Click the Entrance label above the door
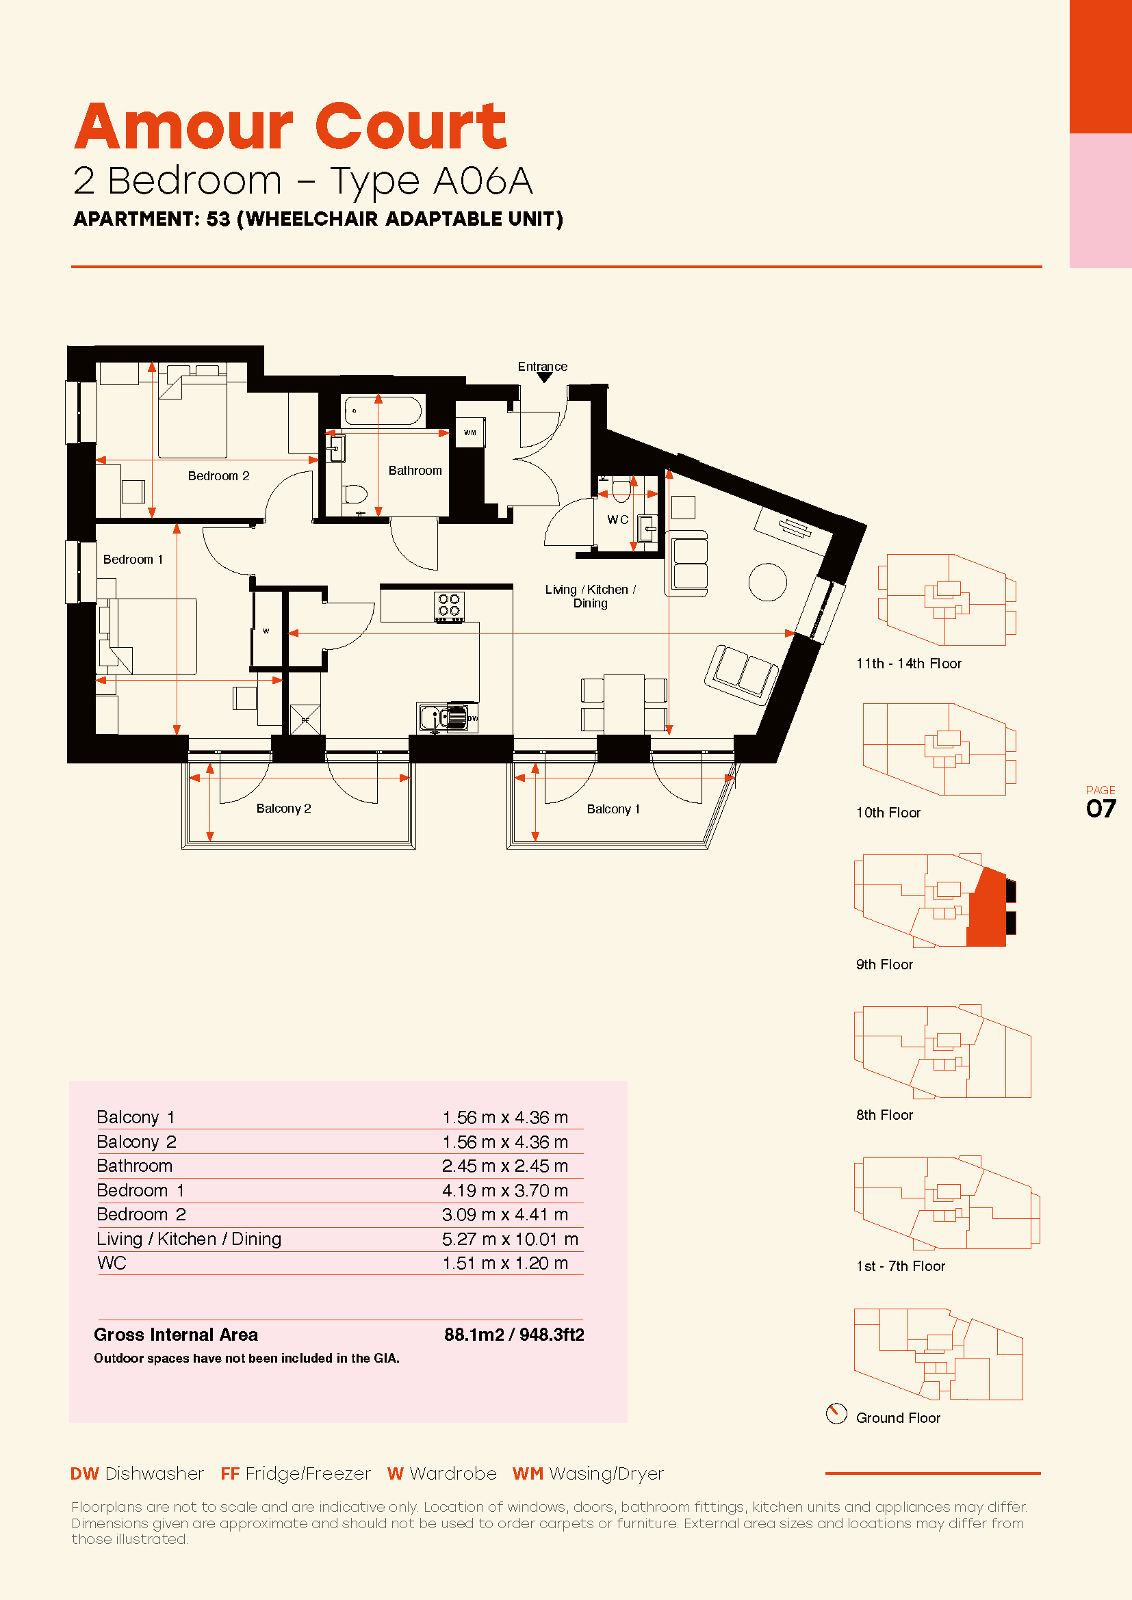point(542,367)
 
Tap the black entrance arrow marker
point(544,378)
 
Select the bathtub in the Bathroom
point(383,411)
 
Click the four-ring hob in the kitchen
point(449,606)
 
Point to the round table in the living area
point(767,582)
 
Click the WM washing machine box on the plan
point(470,433)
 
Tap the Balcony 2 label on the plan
point(284,809)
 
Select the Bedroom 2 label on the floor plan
point(218,476)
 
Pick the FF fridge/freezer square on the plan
point(305,720)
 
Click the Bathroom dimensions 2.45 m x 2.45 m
point(504,1166)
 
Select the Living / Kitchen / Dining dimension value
point(511,1239)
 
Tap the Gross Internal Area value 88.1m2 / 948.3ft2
point(515,1335)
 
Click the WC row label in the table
point(112,1263)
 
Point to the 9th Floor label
point(884,965)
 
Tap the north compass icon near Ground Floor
point(836,1413)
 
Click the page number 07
point(1101,809)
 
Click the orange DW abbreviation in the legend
point(84,1474)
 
